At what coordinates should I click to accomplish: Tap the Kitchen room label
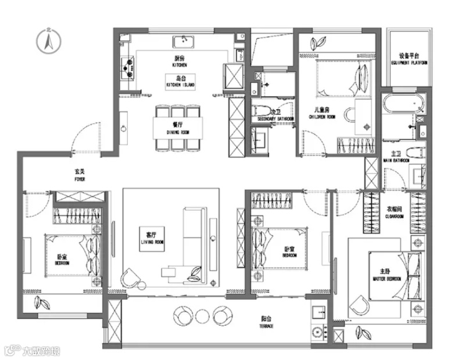tap(179, 62)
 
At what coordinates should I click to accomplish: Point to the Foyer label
tap(80, 175)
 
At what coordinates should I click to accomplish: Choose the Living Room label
tap(152, 237)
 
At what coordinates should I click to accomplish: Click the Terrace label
tap(267, 322)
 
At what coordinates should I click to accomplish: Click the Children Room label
tap(324, 113)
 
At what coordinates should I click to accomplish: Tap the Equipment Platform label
tap(410, 59)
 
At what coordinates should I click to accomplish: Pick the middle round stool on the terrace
tap(202, 316)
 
